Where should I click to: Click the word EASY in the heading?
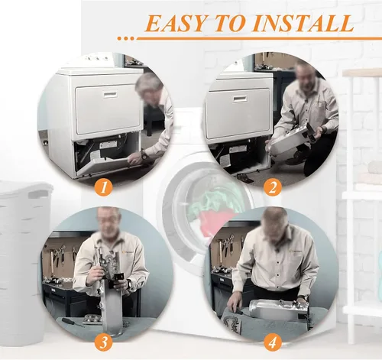point(175,23)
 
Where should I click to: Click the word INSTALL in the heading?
point(303,23)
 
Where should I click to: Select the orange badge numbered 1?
point(103,188)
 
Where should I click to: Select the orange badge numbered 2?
point(273,188)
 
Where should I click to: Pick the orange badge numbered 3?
point(103,342)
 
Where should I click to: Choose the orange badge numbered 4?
point(273,342)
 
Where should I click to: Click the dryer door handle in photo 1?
point(110,95)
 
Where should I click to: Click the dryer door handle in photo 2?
point(239,99)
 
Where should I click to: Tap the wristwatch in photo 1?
point(144,155)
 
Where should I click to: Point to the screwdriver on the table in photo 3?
point(73,322)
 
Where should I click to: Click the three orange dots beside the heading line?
point(125,38)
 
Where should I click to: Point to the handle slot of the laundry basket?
point(37,194)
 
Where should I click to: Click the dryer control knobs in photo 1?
point(97,58)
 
